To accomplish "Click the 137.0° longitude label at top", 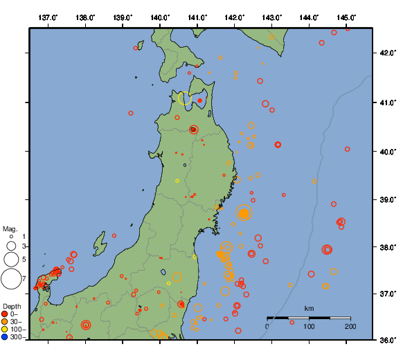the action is pyautogui.click(x=48, y=17).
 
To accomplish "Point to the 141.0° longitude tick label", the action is pyautogui.click(x=197, y=17).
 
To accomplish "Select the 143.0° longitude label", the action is pyautogui.click(x=272, y=17).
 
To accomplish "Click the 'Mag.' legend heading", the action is pyautogui.click(x=10, y=228).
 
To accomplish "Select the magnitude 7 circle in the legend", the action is pyautogui.click(x=10, y=279).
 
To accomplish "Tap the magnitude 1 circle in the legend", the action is pyautogui.click(x=11, y=237).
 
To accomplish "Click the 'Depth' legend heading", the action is pyautogui.click(x=12, y=305).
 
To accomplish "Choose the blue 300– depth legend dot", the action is pyautogui.click(x=5, y=337).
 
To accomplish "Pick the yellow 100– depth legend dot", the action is pyautogui.click(x=5, y=330).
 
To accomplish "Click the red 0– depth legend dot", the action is pyautogui.click(x=5, y=314).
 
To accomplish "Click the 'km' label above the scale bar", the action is pyautogui.click(x=309, y=308).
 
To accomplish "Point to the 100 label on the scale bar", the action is pyautogui.click(x=309, y=326).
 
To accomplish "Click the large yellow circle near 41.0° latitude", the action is pyautogui.click(x=185, y=98).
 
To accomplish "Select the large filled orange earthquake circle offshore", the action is pyautogui.click(x=244, y=213).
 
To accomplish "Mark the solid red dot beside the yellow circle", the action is pyautogui.click(x=200, y=100).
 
